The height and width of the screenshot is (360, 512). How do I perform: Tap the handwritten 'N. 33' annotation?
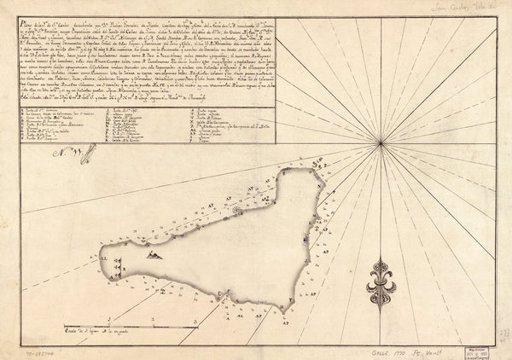click(x=62, y=155)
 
